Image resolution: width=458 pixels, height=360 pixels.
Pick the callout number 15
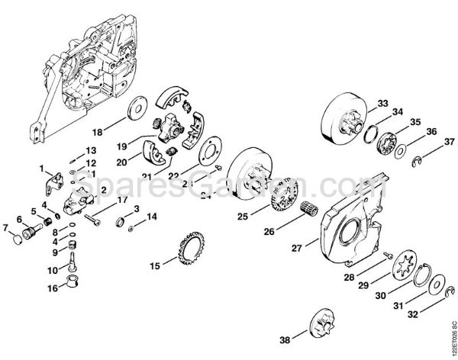click(x=155, y=265)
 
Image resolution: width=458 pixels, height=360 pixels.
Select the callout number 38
click(x=285, y=339)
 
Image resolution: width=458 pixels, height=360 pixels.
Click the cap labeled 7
click(x=15, y=239)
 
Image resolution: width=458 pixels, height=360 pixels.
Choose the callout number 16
click(x=52, y=288)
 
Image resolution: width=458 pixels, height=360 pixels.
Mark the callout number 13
click(x=90, y=150)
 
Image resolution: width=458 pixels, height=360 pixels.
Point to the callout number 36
click(x=431, y=131)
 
